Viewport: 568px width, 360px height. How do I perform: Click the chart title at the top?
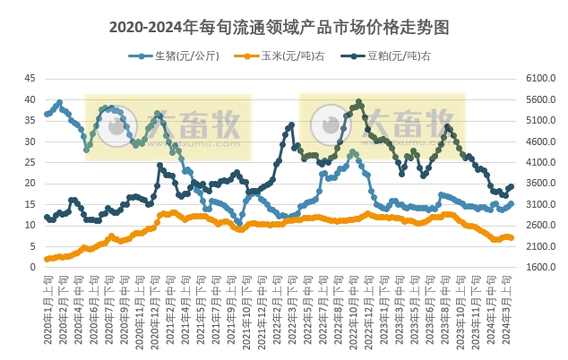[279, 27]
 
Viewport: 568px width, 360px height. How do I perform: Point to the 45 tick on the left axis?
[30, 79]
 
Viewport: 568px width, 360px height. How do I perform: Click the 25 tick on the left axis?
[30, 162]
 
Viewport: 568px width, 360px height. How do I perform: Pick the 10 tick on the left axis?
[30, 225]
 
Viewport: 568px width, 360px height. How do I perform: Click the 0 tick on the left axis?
[32, 267]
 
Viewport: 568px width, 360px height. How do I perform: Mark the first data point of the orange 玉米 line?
[47, 259]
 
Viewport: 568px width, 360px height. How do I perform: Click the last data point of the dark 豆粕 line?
[512, 186]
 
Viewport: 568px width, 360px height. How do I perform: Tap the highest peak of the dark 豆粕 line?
[358, 102]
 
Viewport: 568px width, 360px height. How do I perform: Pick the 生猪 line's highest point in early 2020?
[60, 102]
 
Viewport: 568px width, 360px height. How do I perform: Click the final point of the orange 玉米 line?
[512, 237]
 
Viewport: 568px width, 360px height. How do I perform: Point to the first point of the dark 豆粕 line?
[47, 217]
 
